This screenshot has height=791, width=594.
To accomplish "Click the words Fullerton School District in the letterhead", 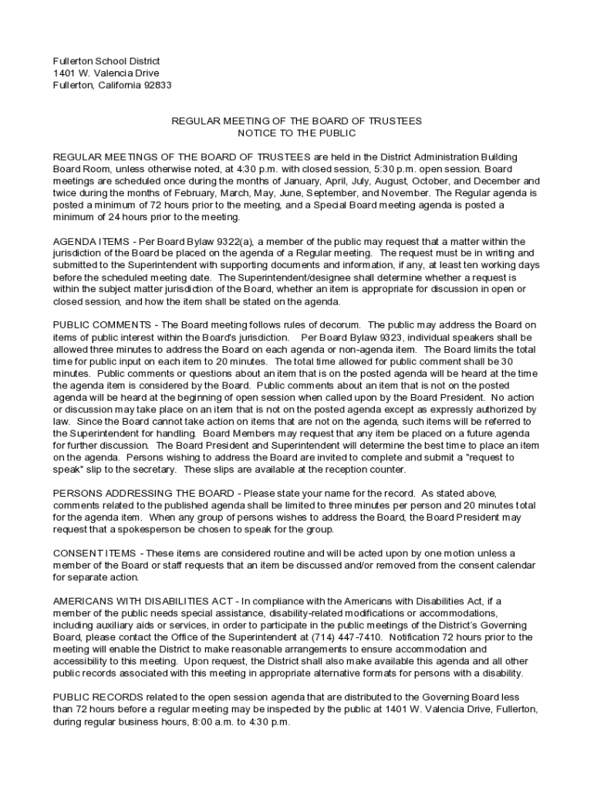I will (106, 60).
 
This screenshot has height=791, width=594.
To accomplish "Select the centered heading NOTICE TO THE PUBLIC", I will (296, 133).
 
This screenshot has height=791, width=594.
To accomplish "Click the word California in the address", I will (118, 85).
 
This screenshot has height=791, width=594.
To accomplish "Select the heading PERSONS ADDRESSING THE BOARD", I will (145, 493).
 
